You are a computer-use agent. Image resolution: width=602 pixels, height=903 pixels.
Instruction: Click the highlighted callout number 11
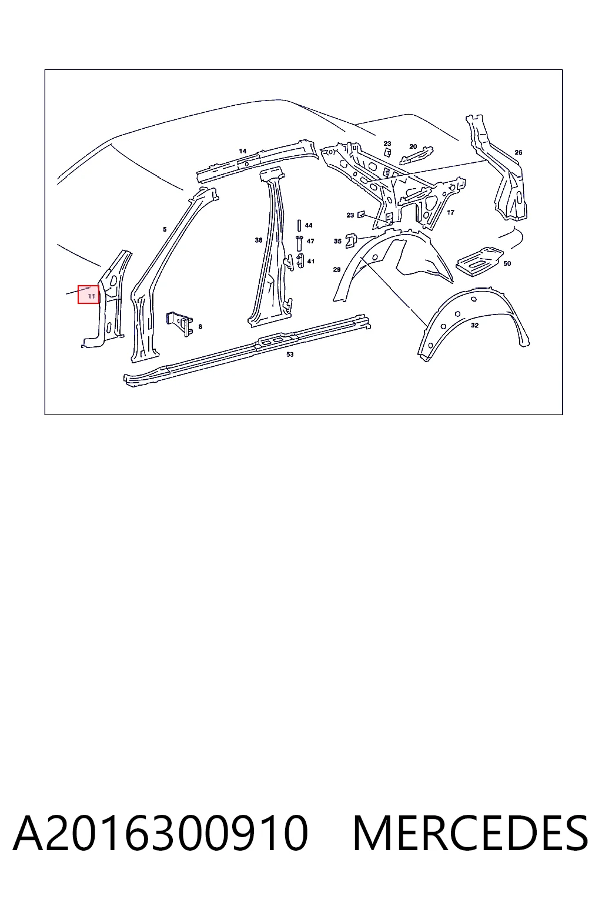click(x=92, y=296)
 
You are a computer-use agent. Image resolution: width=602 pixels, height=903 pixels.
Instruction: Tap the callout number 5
click(x=165, y=229)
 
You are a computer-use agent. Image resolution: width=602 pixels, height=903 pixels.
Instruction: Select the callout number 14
click(x=242, y=151)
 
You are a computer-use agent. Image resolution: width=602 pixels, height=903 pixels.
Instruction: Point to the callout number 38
click(x=259, y=240)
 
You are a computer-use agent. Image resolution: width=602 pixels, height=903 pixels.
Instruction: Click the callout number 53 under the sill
click(x=290, y=354)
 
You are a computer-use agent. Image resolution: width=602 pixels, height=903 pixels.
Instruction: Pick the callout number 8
click(x=200, y=327)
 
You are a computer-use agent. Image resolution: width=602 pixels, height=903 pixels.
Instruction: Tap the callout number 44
click(x=309, y=225)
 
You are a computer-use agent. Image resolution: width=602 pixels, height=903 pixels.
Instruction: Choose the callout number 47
click(x=310, y=241)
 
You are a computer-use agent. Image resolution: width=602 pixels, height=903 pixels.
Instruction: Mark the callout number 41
click(x=310, y=261)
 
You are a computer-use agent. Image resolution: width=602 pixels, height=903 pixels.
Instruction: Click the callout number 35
click(x=337, y=241)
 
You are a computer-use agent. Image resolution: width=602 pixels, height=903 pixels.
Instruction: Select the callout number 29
click(x=337, y=270)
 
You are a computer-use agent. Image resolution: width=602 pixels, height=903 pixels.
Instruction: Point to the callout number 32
click(x=474, y=325)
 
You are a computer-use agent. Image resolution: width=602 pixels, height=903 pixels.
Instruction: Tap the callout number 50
click(x=507, y=263)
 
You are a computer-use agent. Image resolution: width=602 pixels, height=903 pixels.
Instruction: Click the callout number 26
click(x=518, y=152)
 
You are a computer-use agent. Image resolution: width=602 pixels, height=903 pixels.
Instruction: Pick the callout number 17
click(x=450, y=212)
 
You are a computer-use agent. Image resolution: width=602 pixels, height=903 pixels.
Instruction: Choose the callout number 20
click(x=413, y=147)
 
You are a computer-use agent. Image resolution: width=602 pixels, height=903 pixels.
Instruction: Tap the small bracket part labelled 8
click(x=180, y=324)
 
